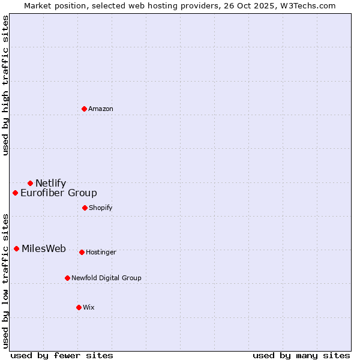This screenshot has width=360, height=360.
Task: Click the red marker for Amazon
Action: point(84,109)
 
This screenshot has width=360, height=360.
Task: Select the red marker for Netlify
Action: point(30,183)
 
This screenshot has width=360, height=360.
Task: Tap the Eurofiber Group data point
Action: point(15,193)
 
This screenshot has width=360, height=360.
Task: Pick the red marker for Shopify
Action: point(85,208)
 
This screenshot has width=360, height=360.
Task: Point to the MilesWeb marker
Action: point(16,249)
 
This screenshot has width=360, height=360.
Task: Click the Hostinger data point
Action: point(82,252)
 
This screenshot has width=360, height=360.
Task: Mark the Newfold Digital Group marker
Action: point(67,278)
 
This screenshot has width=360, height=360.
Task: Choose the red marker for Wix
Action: point(79,307)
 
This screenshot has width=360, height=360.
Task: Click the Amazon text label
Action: point(101,109)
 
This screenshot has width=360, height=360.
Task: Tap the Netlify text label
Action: point(50,184)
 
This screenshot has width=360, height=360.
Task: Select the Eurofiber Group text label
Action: point(59,193)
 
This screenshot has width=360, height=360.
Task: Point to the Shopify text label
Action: point(101,208)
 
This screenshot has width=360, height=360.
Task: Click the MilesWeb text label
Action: point(44,249)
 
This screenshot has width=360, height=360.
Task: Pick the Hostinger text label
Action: point(101,252)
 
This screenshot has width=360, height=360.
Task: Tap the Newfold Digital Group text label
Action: point(106,278)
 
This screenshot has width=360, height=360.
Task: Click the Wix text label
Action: point(89,307)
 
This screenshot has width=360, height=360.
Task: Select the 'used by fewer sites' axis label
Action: point(62,356)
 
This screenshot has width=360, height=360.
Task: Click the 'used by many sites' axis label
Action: point(301,356)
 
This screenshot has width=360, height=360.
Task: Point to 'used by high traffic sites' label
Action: point(5,85)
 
